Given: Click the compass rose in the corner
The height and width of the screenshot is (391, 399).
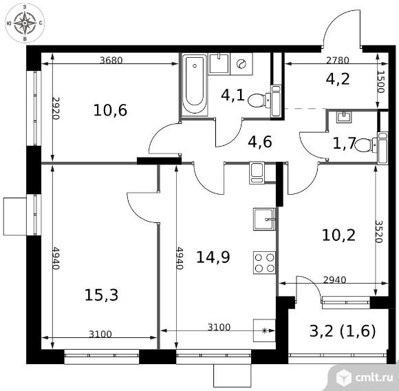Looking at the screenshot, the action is point(25,23).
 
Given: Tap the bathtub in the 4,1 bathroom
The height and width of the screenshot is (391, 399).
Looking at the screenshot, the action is point(195,85).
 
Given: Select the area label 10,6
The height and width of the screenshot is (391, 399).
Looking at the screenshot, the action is point(110,110).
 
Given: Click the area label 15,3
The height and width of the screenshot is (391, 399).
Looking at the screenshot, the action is point(101,295).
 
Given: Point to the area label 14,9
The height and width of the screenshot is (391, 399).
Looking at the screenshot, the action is point(213,257).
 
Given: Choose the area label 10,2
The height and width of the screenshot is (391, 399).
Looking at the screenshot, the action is point(338,235).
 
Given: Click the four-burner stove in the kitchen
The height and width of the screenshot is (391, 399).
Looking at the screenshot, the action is point(264,263).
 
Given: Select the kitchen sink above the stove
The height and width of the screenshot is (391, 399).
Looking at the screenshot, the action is point(264,219).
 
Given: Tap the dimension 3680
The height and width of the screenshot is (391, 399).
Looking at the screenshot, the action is point(111,61).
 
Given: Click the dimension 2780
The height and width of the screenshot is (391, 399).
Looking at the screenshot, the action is point(338,61).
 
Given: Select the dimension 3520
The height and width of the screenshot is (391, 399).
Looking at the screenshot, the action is point(379,231).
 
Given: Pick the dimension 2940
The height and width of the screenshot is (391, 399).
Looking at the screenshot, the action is point(334,280).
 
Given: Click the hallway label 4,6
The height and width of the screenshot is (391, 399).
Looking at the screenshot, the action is point(260,142).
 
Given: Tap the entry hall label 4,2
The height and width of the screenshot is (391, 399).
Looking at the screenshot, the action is point(338,78).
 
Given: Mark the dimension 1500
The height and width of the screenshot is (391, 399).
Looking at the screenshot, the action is point(380,82).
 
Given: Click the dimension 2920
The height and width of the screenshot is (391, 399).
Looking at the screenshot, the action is point(56,108).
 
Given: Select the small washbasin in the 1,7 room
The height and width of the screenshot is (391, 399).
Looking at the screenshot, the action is point(344,117).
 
